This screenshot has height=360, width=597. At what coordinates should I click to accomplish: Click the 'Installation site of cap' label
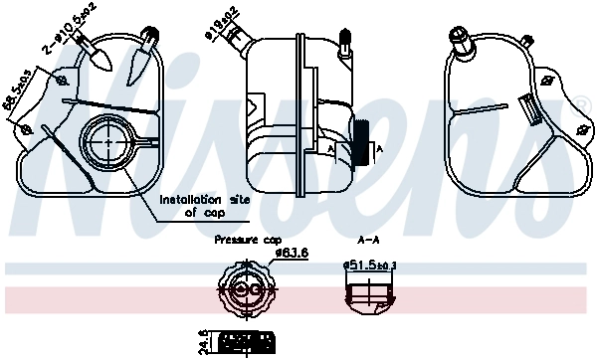tap(206, 204)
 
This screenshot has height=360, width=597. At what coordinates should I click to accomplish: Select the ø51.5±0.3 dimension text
tap(370, 266)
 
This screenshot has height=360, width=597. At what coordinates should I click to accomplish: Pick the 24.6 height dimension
tap(203, 342)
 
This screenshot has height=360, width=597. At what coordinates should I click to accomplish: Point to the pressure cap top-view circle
tap(244, 288)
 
